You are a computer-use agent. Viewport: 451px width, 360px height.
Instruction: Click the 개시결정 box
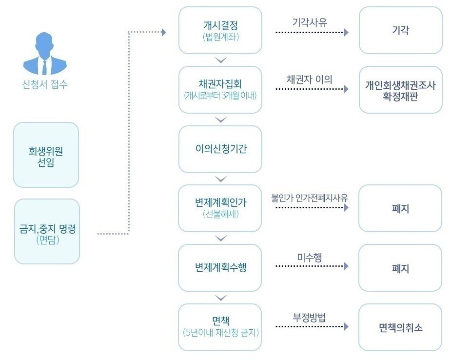[x=220, y=30]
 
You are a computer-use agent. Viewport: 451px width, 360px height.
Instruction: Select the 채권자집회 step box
[x=220, y=90]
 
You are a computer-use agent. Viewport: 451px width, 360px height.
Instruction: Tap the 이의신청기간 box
[x=220, y=149]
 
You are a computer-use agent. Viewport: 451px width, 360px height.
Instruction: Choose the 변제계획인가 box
[x=220, y=208]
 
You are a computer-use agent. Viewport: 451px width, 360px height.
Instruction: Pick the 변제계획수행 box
[x=220, y=268]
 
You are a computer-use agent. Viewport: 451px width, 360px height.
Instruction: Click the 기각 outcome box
[x=400, y=30]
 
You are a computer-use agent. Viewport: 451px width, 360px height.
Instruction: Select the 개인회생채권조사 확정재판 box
[x=400, y=90]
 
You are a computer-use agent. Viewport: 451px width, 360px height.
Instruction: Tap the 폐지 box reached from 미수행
[x=400, y=268]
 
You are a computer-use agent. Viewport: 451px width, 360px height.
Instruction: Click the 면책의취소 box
[x=400, y=327]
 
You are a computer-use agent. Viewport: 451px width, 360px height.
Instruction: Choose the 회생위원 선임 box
[x=46, y=155]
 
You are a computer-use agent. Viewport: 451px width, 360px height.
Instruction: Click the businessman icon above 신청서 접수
[x=45, y=53]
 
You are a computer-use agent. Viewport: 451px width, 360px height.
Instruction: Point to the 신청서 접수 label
[x=45, y=84]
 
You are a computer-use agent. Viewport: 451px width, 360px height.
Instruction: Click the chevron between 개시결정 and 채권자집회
[x=221, y=60]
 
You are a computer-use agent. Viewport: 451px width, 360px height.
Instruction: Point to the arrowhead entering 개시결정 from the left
[x=164, y=32]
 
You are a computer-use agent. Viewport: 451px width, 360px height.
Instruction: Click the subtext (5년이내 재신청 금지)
[x=220, y=333]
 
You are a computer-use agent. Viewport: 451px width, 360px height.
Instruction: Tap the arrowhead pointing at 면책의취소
[x=347, y=327]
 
